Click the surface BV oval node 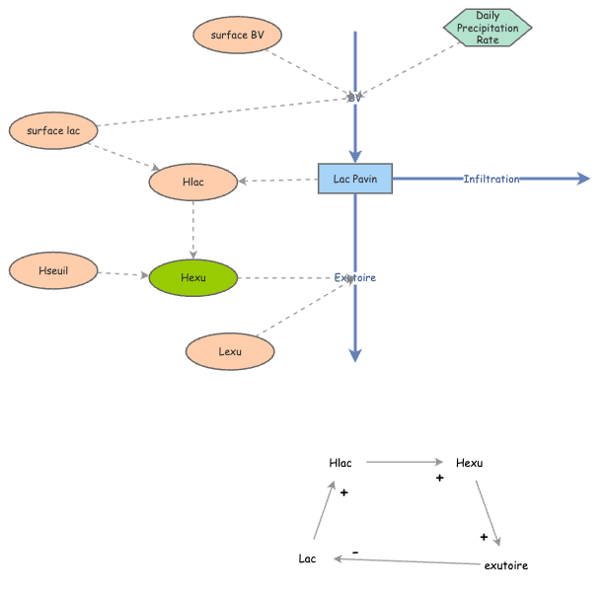238,36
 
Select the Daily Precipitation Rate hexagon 487,28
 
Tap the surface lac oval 53,130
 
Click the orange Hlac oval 193,182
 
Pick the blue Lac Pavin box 355,178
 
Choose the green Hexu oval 193,277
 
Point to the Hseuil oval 53,269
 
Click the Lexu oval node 230,350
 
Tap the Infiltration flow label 492,179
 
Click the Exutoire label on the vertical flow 355,277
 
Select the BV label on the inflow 355,97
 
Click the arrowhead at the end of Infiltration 583,179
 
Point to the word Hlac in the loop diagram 341,463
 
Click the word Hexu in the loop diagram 470,463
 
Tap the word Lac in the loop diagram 308,558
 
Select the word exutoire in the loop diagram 506,565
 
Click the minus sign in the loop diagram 355,552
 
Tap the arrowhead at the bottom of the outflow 355,356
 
